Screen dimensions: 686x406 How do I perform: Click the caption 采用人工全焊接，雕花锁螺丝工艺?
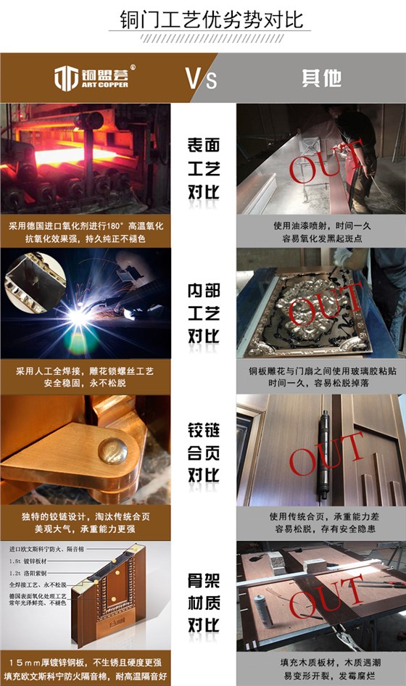pos(85,371)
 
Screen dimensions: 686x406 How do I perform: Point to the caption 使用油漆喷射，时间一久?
pos(318,226)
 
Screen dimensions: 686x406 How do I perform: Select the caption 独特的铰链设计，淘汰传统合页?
pos(85,516)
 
